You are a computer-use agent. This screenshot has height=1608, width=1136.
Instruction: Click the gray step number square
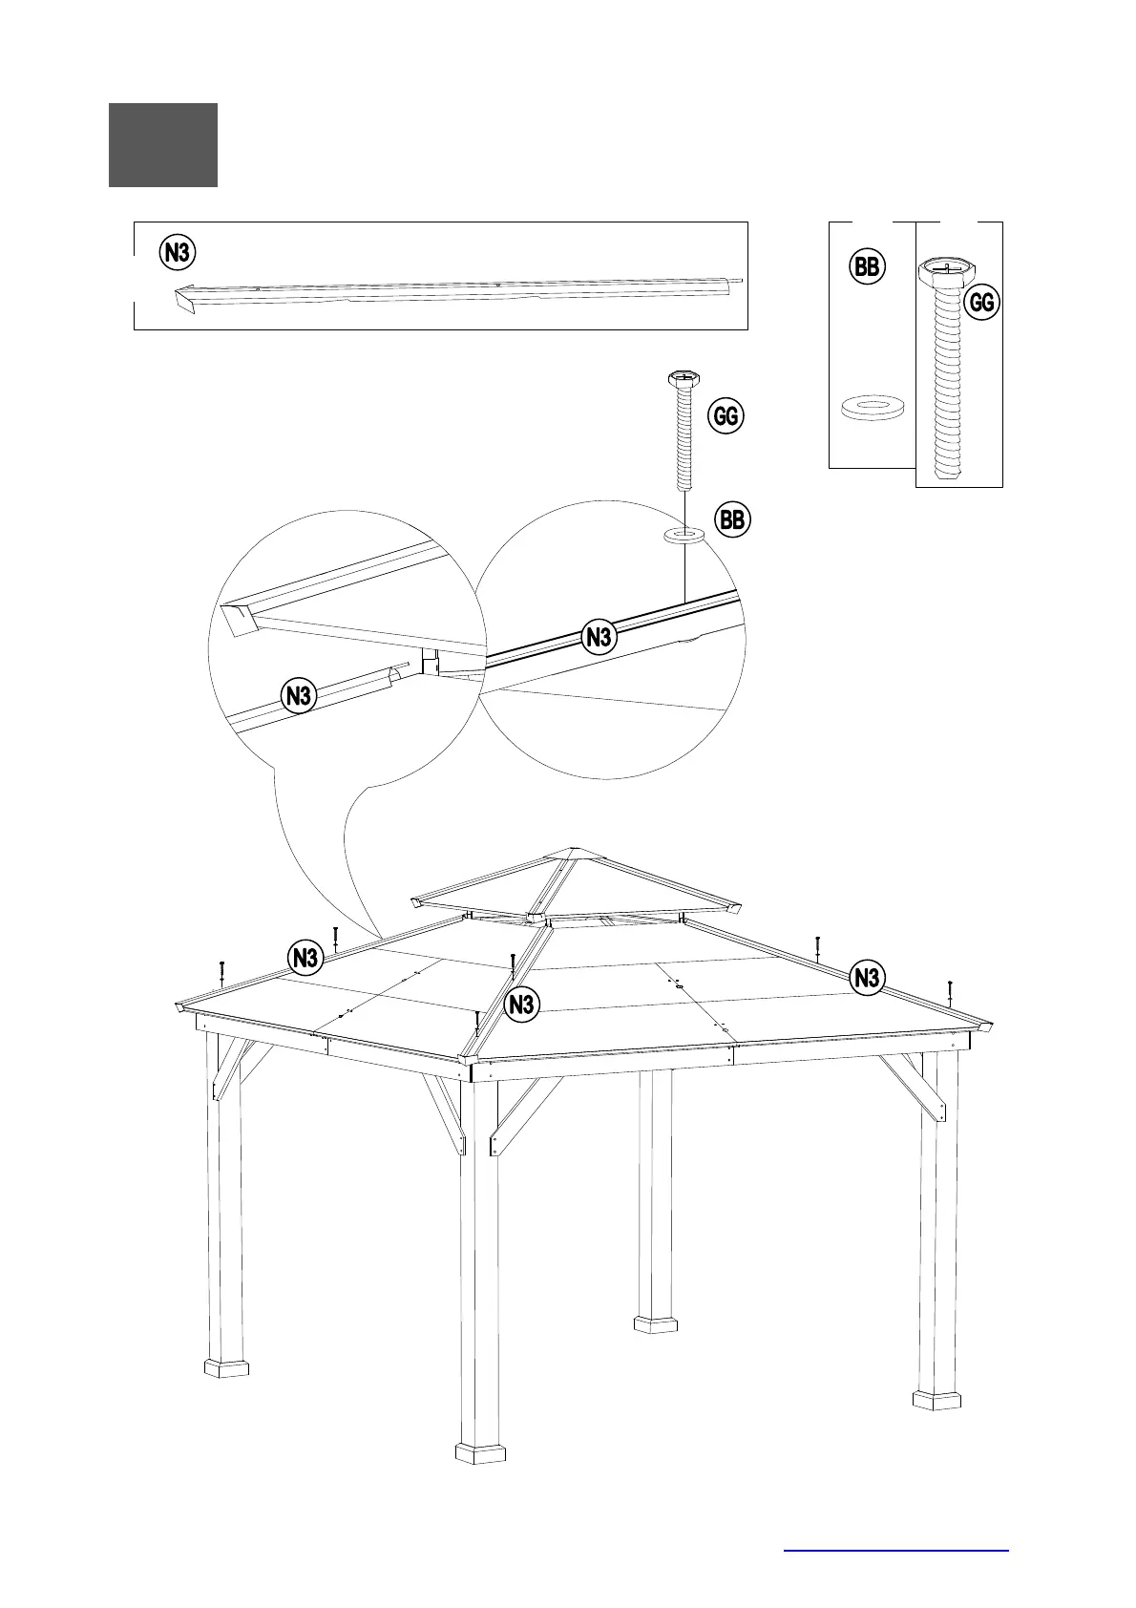pyautogui.click(x=163, y=145)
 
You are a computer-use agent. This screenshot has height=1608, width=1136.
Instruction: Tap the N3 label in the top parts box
pyautogui.click(x=178, y=253)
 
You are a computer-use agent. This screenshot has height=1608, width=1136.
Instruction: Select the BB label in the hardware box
pyautogui.click(x=867, y=266)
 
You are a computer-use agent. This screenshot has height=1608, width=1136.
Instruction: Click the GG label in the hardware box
pyautogui.click(x=981, y=303)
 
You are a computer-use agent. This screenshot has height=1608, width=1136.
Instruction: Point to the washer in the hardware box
pyautogui.click(x=873, y=408)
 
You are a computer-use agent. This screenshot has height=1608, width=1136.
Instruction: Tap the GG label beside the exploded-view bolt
pyautogui.click(x=726, y=416)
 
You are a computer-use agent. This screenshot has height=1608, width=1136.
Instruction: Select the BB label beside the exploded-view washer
pyautogui.click(x=732, y=520)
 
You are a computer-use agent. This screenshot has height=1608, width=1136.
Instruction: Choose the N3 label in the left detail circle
pyautogui.click(x=300, y=696)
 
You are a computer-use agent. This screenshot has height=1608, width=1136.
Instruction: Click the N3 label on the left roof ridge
pyautogui.click(x=305, y=957)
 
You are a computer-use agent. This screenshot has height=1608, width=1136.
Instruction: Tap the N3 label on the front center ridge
pyautogui.click(x=521, y=1005)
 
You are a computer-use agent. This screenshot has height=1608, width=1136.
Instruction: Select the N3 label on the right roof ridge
pyautogui.click(x=867, y=978)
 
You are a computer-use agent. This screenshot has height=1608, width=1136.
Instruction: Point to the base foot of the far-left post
pyautogui.click(x=226, y=1369)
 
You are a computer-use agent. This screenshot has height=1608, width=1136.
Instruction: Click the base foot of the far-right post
pyautogui.click(x=936, y=1401)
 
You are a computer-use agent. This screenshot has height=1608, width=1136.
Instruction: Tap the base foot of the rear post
pyautogui.click(x=656, y=1324)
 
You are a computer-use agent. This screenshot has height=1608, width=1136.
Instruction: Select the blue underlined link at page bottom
pyautogui.click(x=895, y=1550)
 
